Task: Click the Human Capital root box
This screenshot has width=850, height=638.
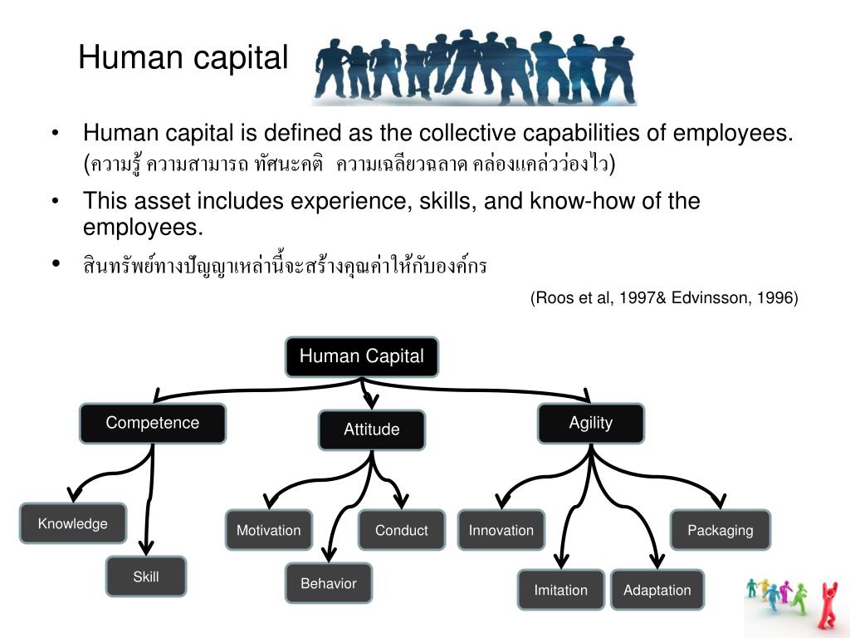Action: [361, 357]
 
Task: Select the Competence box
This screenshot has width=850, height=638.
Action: [153, 423]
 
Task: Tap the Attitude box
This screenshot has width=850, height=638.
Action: [372, 429]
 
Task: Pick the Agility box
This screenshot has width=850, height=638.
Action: [590, 423]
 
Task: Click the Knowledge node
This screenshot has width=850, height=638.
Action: [73, 523]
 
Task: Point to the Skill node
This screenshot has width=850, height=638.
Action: [146, 577]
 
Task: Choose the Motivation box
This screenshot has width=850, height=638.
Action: [268, 530]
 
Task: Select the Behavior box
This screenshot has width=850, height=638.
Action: [329, 583]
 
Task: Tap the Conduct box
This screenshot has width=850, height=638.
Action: [402, 530]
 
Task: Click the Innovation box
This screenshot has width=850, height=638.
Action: [501, 530]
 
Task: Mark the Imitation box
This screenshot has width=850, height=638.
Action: [561, 590]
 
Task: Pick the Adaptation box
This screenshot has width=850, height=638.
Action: [657, 590]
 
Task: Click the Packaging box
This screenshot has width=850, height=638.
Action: [721, 530]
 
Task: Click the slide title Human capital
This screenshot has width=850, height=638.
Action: [183, 58]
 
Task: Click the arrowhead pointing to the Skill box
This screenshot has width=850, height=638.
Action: [147, 548]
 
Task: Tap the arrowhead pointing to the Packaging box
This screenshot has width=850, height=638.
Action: [719, 502]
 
